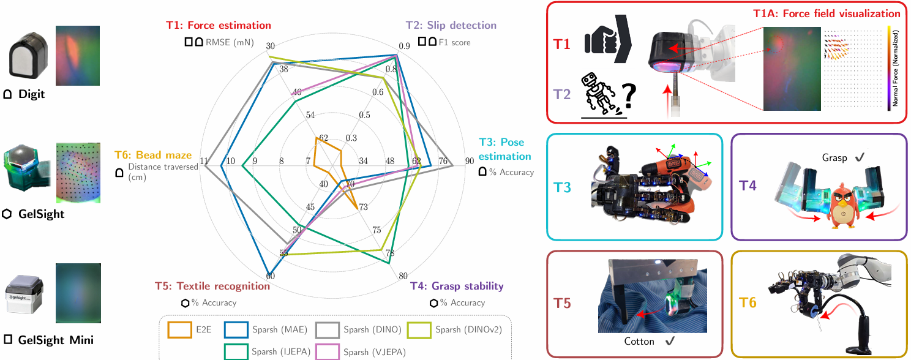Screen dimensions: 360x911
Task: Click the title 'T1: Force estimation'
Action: (218, 26)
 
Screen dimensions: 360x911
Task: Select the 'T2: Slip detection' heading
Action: (452, 26)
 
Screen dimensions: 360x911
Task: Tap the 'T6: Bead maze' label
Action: (153, 156)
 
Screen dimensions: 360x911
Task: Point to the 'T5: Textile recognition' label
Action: (212, 286)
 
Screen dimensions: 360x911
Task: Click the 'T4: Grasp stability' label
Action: (457, 286)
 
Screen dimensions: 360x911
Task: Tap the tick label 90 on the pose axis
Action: (470, 161)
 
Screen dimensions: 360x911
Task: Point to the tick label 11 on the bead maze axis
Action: (204, 161)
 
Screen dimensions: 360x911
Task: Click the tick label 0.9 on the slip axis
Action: (405, 45)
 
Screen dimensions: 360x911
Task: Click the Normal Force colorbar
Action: (888, 68)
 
